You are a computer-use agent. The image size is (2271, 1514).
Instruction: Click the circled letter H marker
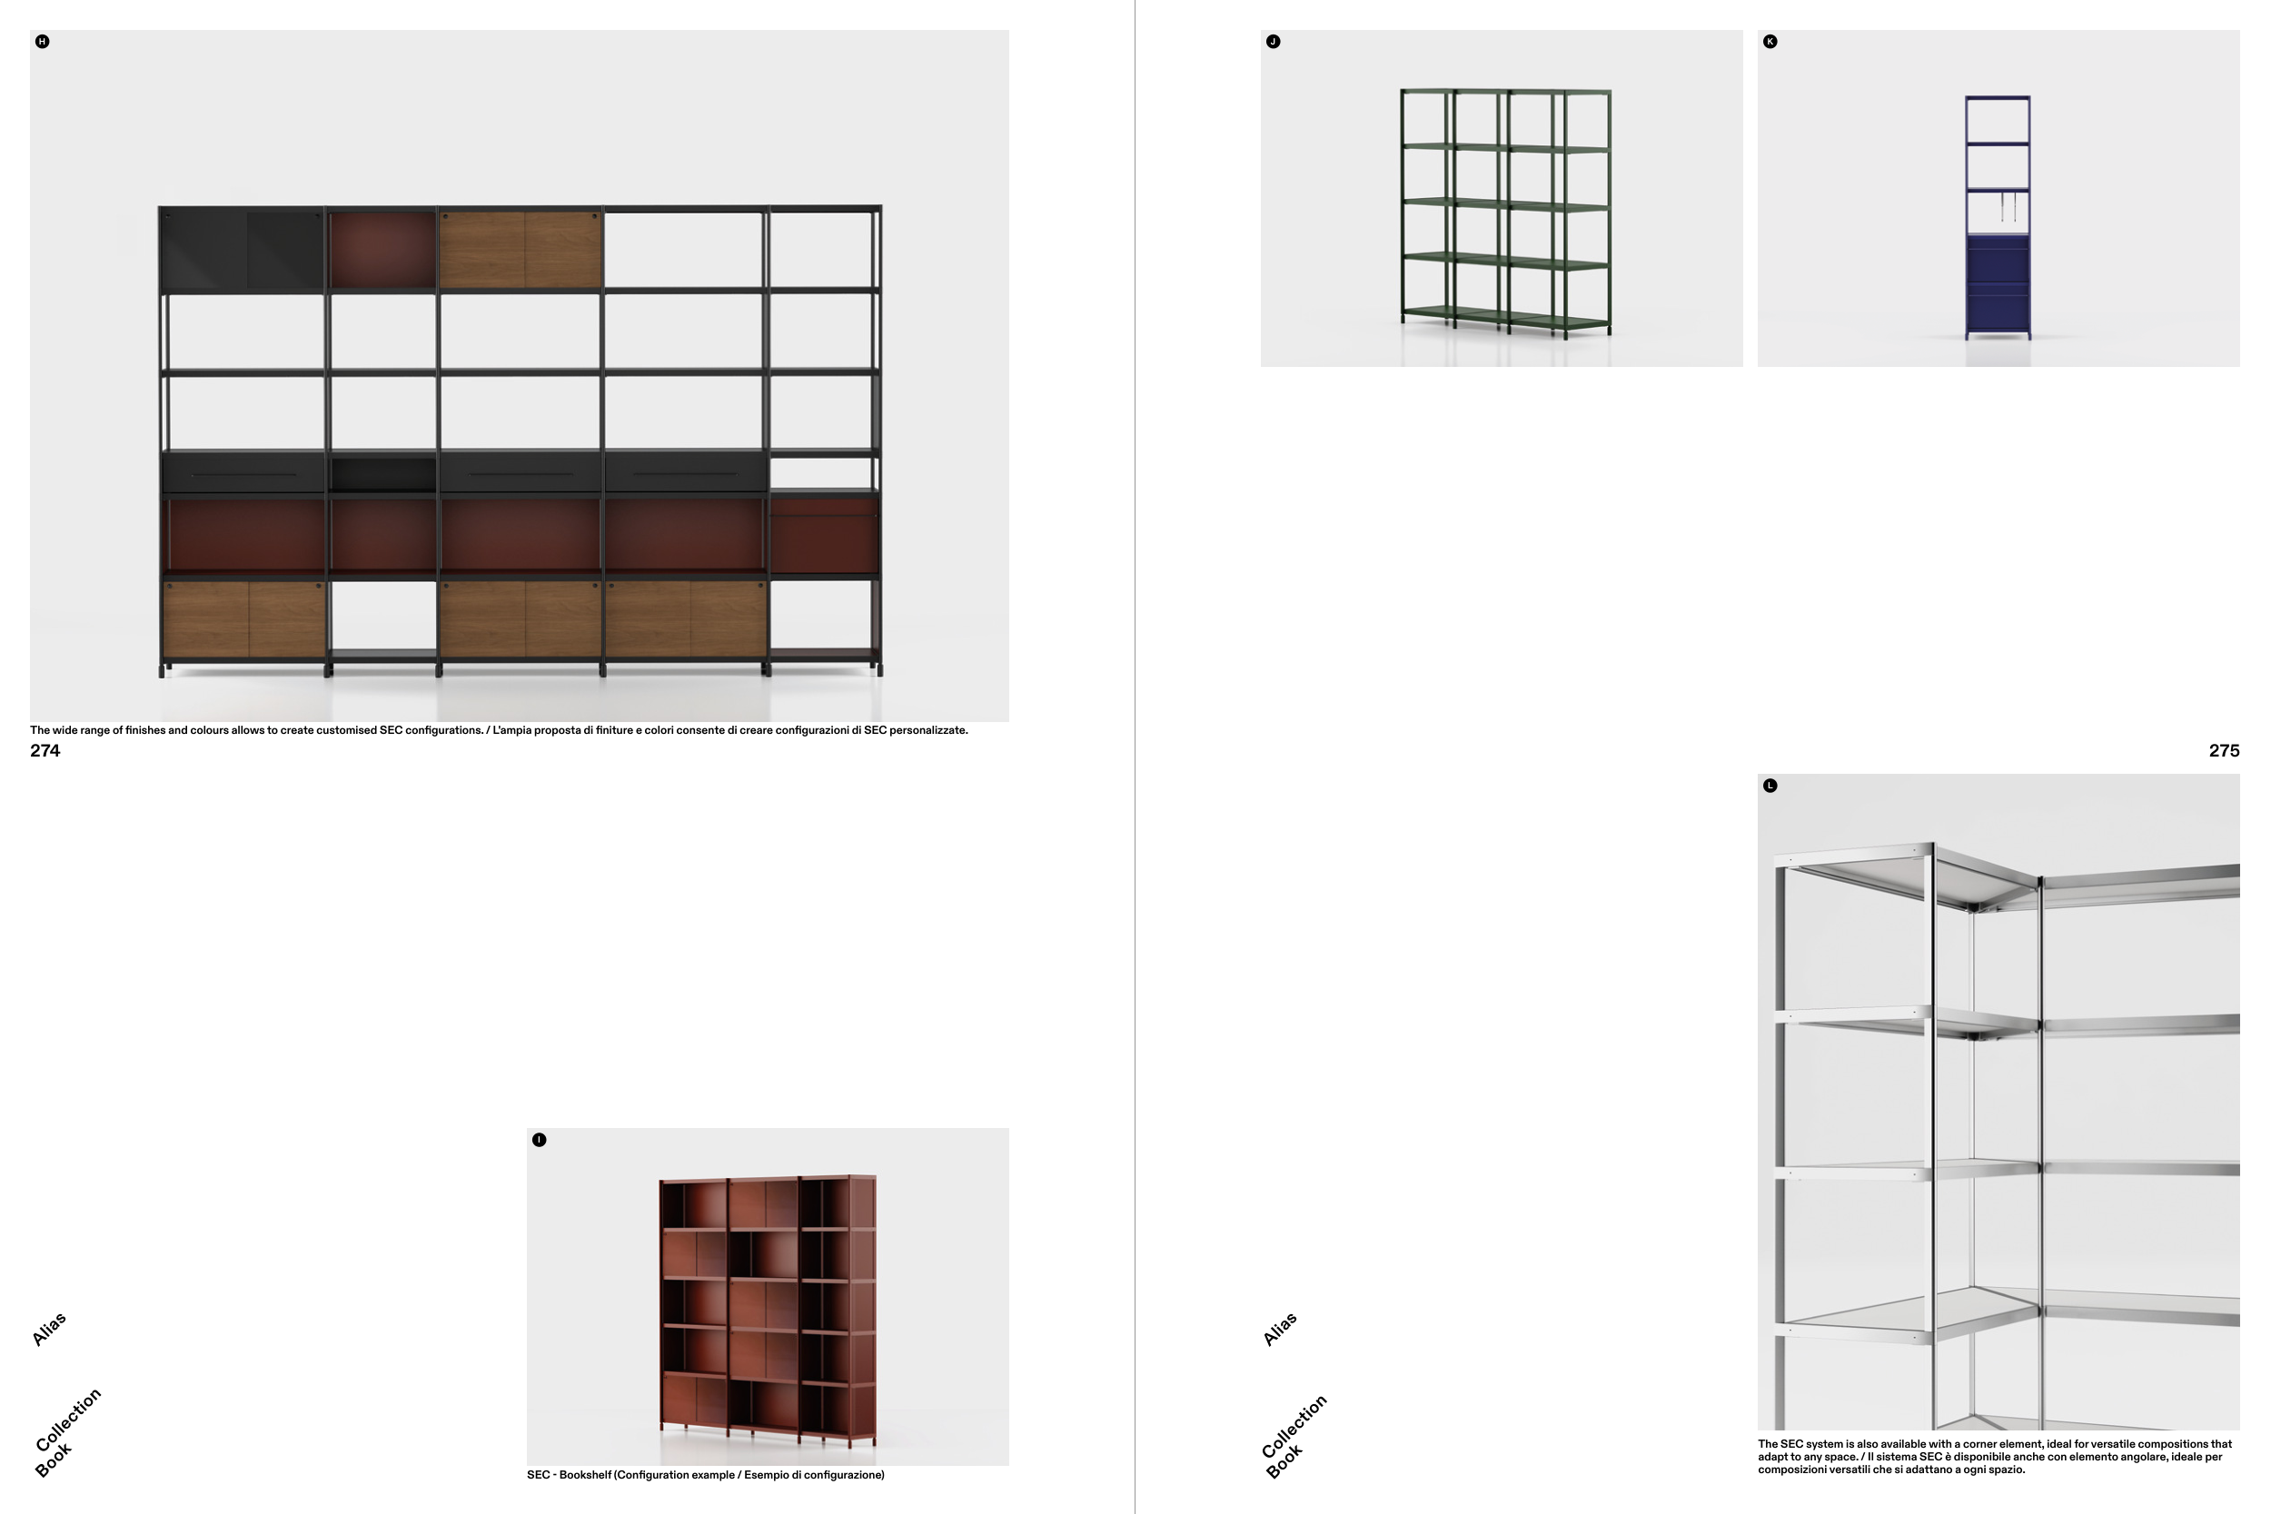tap(42, 42)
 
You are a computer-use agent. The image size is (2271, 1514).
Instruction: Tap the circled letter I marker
tap(539, 1140)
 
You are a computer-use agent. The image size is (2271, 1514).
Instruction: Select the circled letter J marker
tap(1273, 42)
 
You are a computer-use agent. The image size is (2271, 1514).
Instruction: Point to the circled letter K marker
tap(1769, 42)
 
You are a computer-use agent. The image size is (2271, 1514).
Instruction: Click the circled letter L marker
tap(1769, 785)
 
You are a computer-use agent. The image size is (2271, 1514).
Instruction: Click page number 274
tap(45, 750)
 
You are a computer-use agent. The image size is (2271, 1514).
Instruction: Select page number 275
tap(2224, 750)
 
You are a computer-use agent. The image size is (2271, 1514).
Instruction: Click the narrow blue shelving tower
tap(1997, 216)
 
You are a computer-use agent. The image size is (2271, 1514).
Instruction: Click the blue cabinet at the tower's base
tap(1997, 285)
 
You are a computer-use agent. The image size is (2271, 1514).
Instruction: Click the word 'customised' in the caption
tap(347, 730)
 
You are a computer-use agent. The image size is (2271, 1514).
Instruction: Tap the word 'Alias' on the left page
tap(49, 1330)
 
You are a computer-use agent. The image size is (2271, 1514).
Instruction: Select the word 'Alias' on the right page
tap(1280, 1330)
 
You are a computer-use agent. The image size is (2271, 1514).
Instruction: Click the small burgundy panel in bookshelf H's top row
tap(382, 250)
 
